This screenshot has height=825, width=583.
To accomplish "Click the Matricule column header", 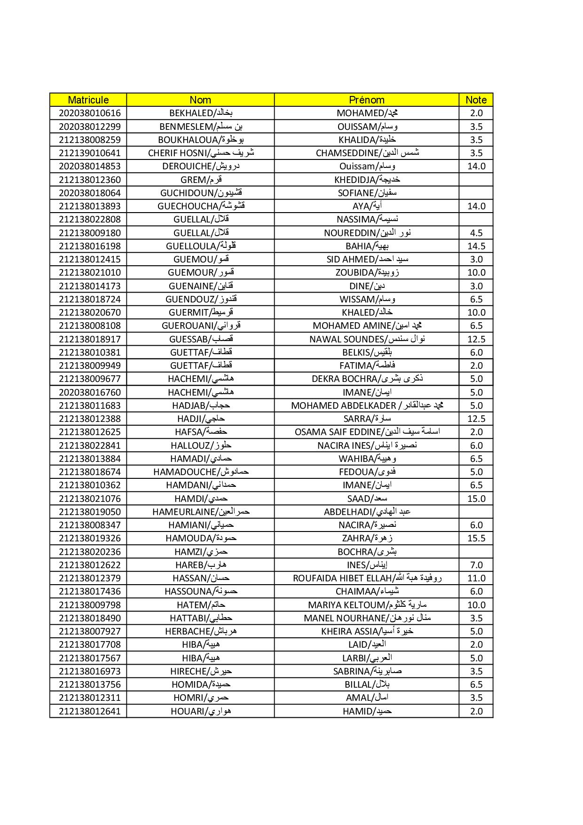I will pos(88,100).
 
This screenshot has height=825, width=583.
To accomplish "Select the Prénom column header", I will pos(366,100).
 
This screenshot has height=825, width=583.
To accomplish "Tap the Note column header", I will pos(476,100).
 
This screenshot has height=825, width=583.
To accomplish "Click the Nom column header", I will pos(200,100).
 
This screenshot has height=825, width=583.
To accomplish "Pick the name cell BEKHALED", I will pos(201,113).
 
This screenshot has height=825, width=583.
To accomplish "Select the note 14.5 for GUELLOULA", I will pos(476,246).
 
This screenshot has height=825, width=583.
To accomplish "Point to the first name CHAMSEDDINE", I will pos(367,153).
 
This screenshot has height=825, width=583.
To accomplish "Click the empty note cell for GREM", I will pos(476,180).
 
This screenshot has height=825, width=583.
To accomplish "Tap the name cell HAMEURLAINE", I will pos(201,512).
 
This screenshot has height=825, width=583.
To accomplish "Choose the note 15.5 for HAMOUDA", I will pos(476,538).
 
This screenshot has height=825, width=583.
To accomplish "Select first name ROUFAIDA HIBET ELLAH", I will pos(367,578).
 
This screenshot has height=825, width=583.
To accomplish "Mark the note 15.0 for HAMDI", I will pos(476,499).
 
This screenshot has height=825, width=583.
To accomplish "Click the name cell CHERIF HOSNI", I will pos(201,153).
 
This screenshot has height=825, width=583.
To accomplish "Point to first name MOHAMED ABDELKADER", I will pos(367,405).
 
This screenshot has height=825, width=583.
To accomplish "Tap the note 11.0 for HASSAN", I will pos(476,578).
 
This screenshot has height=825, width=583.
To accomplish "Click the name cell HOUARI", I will pos(201,711).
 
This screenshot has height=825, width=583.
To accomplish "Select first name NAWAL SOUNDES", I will pos(367,339).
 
